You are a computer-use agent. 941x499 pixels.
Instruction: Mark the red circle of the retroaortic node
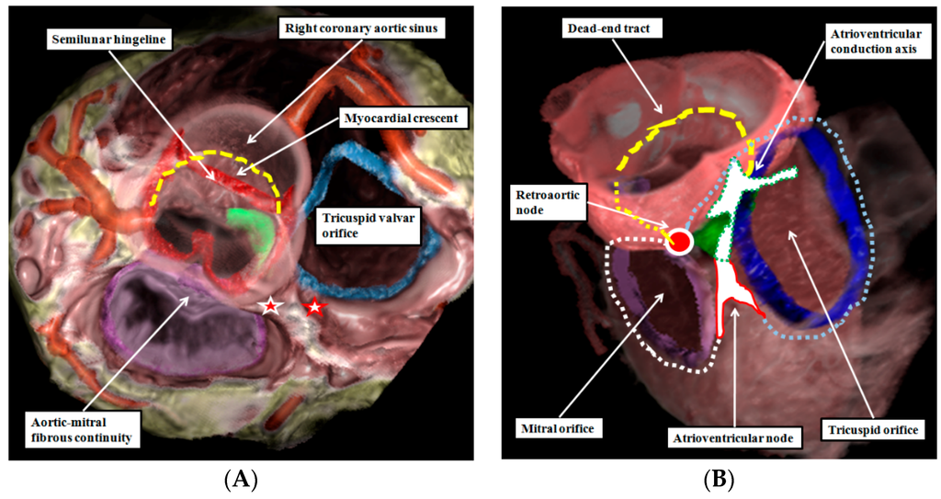click(x=680, y=242)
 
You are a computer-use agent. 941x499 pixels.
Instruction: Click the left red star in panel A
click(x=269, y=306)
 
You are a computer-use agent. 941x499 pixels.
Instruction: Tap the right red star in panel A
click(x=314, y=306)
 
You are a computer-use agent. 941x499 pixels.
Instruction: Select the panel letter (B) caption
click(x=717, y=479)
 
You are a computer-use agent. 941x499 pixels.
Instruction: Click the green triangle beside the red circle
click(x=709, y=236)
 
